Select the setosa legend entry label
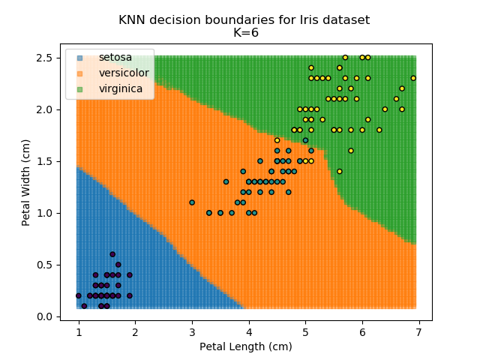[114, 58]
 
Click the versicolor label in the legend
[124, 73]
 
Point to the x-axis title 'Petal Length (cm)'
[245, 346]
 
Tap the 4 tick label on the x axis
[248, 331]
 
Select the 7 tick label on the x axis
[418, 331]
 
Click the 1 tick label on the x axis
[79, 331]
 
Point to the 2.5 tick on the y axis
[46, 58]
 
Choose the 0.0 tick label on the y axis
[46, 316]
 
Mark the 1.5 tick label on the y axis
[46, 161]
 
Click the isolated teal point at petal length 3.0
[192, 202]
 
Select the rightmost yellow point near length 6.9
[413, 78]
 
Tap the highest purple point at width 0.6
[112, 254]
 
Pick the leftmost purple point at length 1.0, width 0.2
[79, 295]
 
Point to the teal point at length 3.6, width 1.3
[226, 181]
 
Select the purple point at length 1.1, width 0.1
[84, 306]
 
